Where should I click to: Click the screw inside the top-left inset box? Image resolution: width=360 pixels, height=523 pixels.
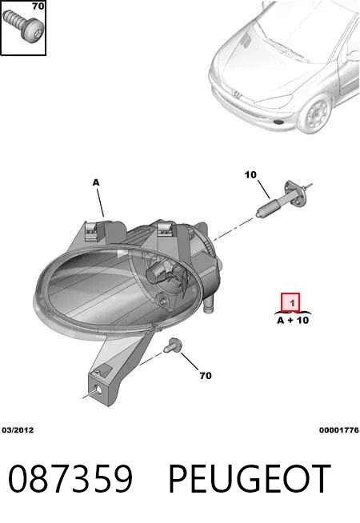point(22,26)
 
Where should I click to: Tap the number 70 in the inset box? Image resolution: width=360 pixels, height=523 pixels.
point(38,6)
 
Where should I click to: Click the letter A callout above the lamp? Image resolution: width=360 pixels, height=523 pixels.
point(96,182)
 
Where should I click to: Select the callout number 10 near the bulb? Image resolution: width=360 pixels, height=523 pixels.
point(250,174)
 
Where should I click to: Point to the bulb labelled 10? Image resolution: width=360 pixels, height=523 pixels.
point(283,199)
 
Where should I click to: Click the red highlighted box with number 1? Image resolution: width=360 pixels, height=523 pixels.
point(290,302)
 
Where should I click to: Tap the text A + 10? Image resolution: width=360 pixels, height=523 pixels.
point(293,320)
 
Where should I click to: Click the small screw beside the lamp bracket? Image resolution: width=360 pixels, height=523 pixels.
point(173,345)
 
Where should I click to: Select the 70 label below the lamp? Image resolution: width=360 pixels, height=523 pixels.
point(206,376)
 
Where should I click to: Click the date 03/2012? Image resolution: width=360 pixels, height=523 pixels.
point(18,430)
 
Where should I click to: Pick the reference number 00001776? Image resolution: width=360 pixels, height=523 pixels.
point(338,430)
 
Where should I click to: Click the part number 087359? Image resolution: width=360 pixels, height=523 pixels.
point(70,478)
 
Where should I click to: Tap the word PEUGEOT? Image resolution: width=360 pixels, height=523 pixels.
point(250,478)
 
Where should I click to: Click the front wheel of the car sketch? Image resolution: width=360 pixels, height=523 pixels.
point(316,114)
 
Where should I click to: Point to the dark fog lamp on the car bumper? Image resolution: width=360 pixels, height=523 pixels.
point(279,122)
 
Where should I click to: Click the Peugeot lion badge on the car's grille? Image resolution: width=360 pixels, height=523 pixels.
point(238,94)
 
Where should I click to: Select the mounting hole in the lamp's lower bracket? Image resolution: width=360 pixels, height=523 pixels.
point(98,390)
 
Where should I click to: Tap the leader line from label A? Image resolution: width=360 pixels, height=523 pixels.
point(100,202)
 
